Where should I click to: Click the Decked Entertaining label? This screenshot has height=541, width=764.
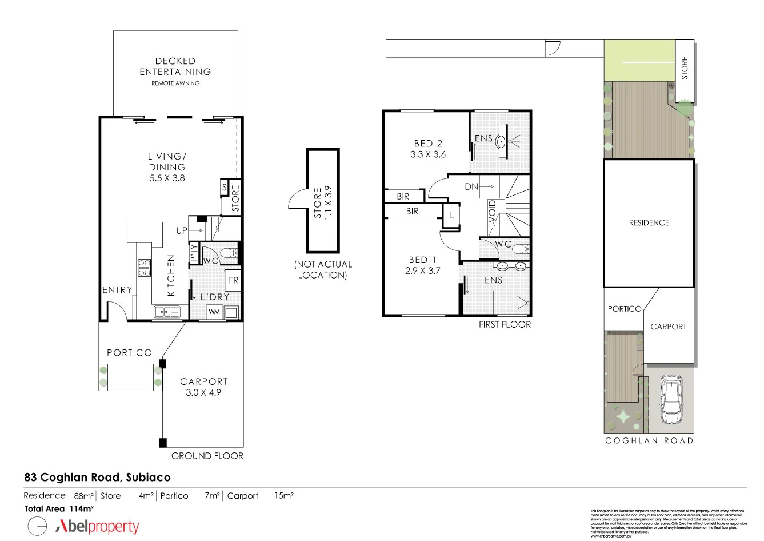coord(175,66)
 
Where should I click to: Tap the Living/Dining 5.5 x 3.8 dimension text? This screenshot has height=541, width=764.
coord(167,178)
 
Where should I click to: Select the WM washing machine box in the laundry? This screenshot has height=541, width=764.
coord(214,312)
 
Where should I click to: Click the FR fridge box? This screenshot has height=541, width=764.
coord(233,280)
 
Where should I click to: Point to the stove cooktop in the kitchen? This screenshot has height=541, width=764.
coord(144,268)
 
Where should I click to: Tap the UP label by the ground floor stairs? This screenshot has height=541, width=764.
coord(182,230)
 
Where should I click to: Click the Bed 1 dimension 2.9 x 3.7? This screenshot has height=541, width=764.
coord(423,270)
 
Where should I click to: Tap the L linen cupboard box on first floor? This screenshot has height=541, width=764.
coord(451,216)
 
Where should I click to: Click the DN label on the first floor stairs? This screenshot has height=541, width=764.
coord(471,186)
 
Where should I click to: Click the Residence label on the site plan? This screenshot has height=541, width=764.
coord(649,222)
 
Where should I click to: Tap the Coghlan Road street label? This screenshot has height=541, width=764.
coord(649,440)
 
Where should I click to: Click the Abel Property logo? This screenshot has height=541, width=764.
coord(97,526)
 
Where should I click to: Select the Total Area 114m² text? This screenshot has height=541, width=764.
coord(59,508)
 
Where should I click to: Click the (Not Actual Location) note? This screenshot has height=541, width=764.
coord(323,269)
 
